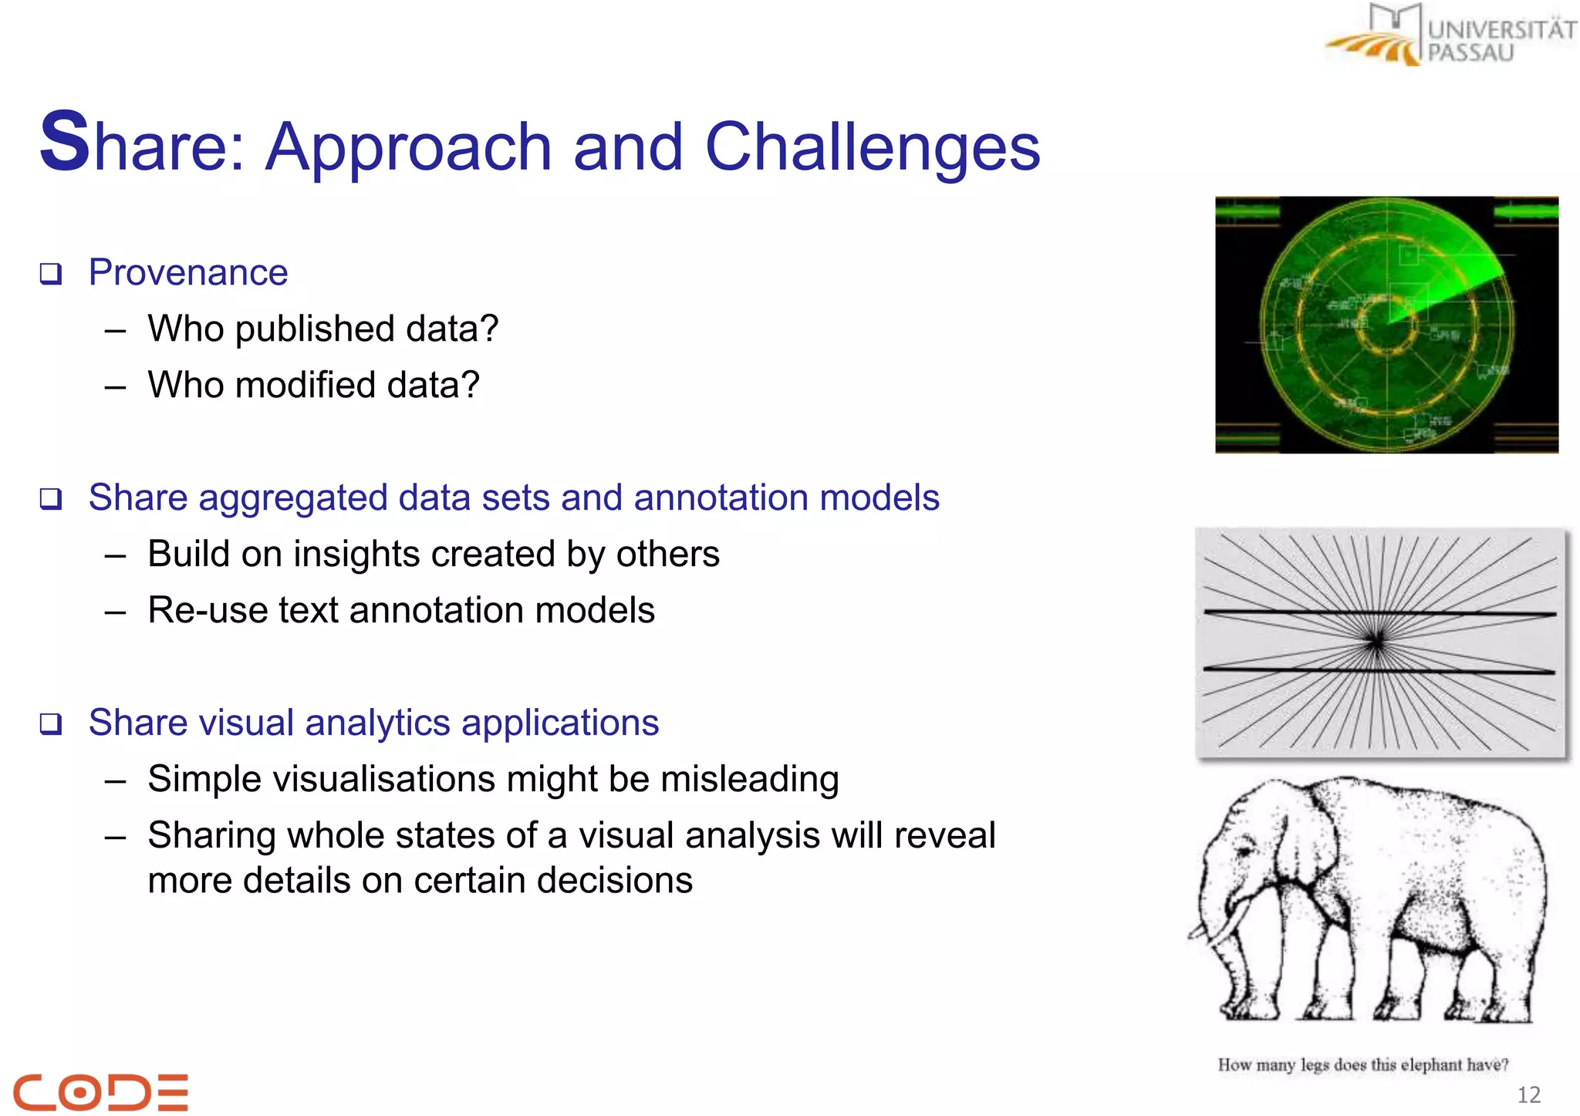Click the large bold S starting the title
coord(64,142)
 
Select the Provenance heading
coord(187,272)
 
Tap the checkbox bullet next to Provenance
coord(51,274)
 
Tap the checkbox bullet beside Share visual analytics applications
coord(51,724)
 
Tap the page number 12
coord(1528,1094)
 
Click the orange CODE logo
coord(101,1092)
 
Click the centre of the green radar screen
coord(1386,325)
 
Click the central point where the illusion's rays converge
coord(1376,640)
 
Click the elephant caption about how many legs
coord(1362,1065)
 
